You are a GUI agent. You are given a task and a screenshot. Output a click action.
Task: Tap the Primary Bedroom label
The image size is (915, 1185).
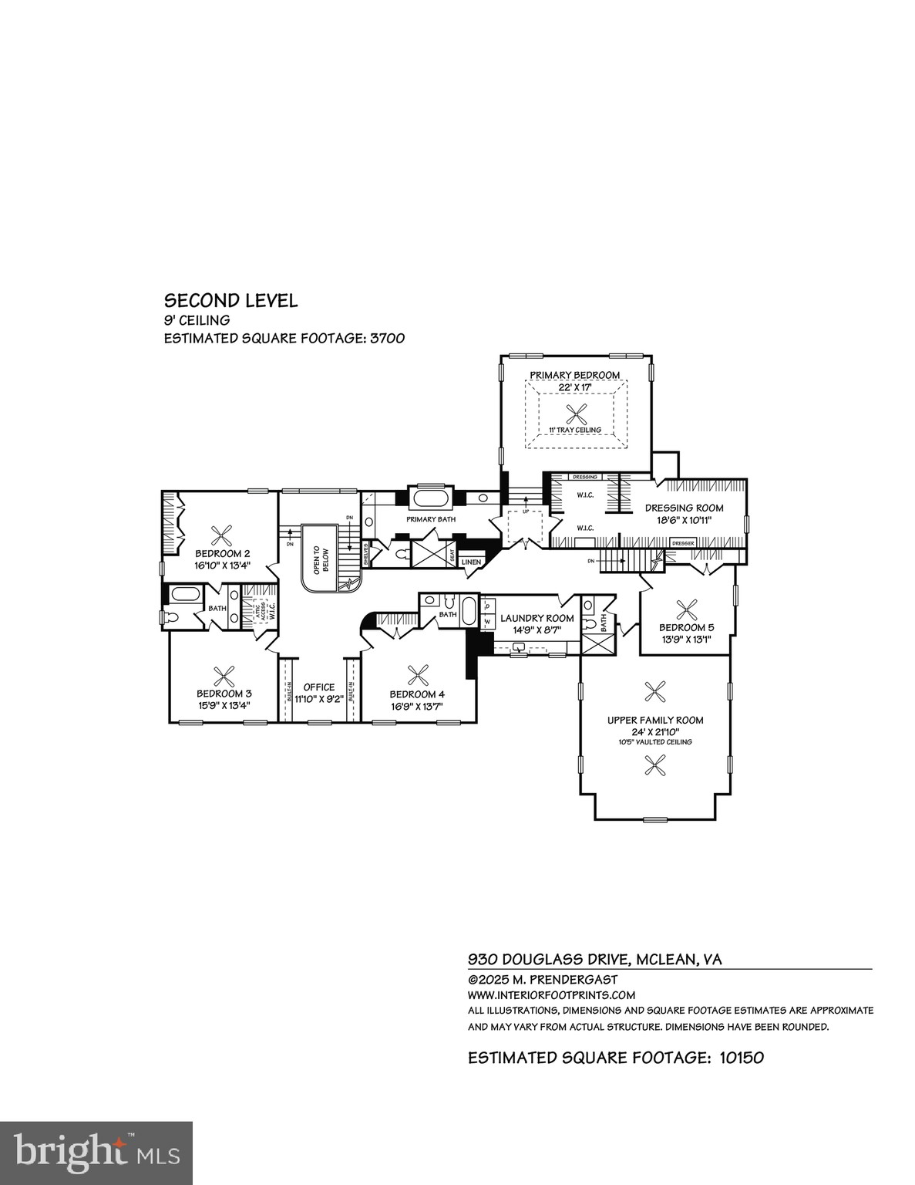point(575,375)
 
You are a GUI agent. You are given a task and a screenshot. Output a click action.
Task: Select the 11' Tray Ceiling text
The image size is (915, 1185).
point(575,430)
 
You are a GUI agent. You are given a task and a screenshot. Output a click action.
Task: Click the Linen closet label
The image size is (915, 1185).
point(472,562)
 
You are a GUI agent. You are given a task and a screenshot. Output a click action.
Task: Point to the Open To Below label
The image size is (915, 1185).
point(321,555)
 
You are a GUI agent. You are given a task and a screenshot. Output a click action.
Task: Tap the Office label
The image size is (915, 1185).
point(319,687)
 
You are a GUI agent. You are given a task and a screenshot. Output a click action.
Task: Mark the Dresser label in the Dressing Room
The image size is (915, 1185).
point(684,543)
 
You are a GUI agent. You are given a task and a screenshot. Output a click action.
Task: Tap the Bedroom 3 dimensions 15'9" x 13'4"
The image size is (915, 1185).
point(224,705)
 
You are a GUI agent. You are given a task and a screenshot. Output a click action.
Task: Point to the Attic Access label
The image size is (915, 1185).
point(258,613)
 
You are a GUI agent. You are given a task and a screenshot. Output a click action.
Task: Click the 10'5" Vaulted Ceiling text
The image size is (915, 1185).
point(655,742)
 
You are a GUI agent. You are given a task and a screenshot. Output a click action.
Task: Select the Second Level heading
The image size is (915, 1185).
point(230,301)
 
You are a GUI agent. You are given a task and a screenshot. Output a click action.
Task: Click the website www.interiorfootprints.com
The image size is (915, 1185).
point(551,995)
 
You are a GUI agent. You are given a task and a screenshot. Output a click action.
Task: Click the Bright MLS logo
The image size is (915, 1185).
point(96,1153)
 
